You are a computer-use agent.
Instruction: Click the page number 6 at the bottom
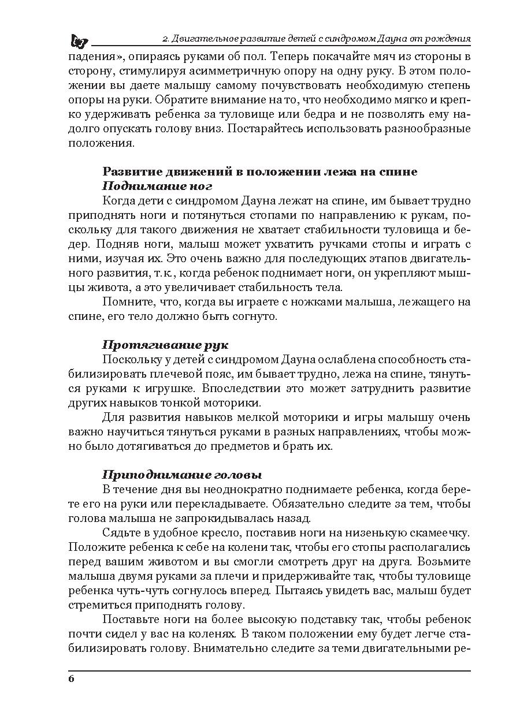click(x=71, y=678)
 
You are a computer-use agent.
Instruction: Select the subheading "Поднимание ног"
click(x=157, y=187)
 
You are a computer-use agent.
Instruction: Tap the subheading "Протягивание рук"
click(x=165, y=345)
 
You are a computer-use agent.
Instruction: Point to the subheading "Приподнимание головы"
click(x=182, y=475)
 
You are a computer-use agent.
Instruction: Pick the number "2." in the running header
click(x=165, y=39)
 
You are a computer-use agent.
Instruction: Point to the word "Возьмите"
click(x=443, y=561)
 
